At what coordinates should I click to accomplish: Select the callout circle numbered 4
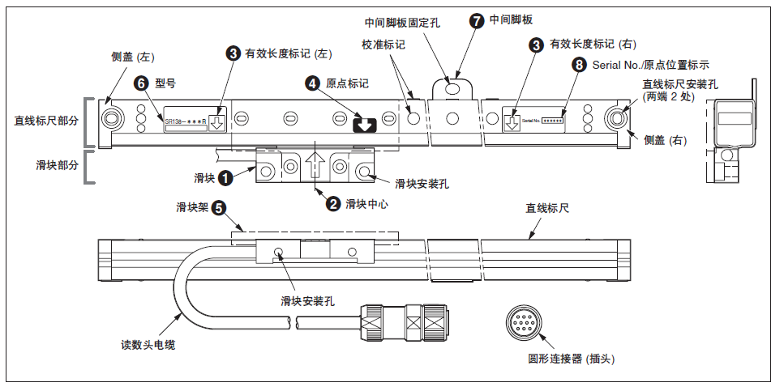click(x=312, y=83)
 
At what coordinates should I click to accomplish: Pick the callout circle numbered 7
click(x=476, y=20)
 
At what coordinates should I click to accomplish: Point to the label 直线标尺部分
click(x=46, y=121)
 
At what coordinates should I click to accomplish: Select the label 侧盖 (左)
click(x=132, y=57)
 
